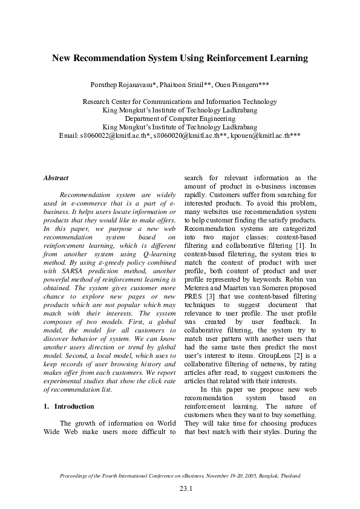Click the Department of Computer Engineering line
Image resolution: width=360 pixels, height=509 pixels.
pos(180,119)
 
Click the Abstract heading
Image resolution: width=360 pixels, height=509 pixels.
pos(56,178)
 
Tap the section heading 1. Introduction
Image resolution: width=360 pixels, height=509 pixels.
pos(70,406)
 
